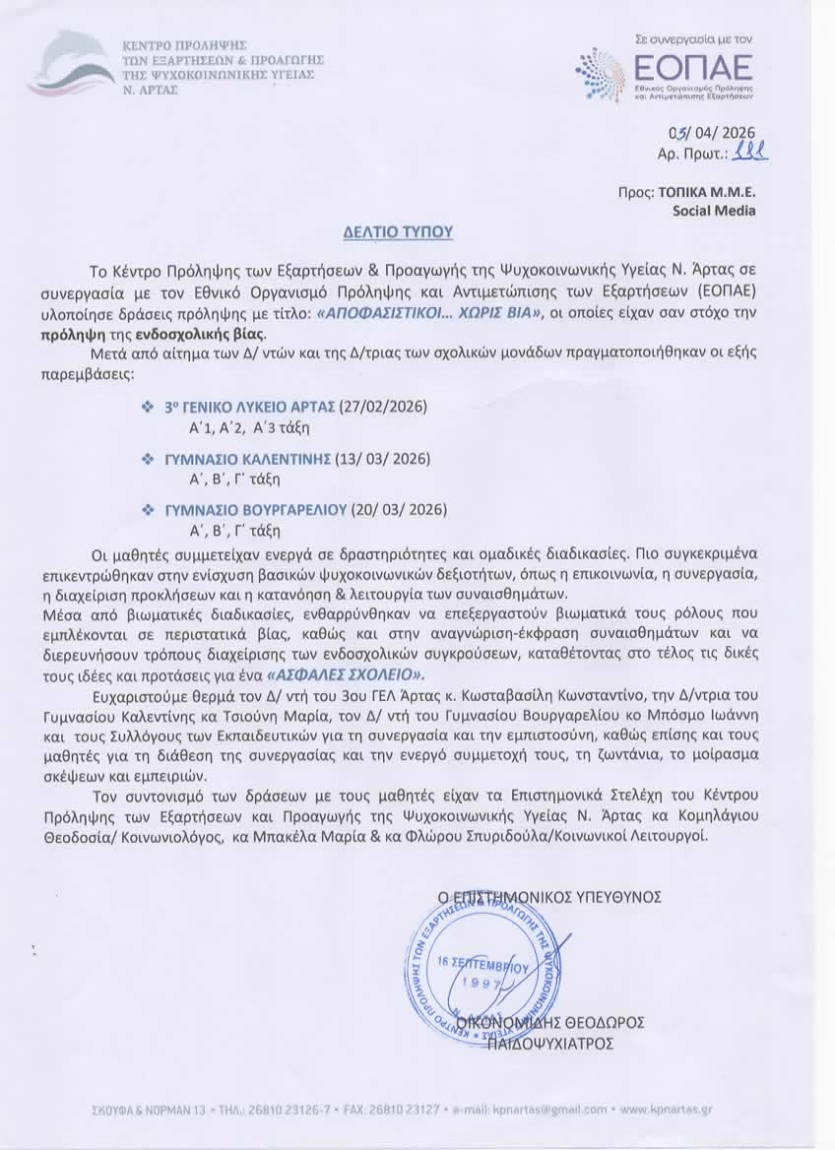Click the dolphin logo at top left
(71, 65)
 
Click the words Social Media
(714, 210)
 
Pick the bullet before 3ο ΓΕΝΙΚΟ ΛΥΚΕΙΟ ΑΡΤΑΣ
(148, 407)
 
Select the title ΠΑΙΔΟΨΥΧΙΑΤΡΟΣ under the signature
(551, 1043)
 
